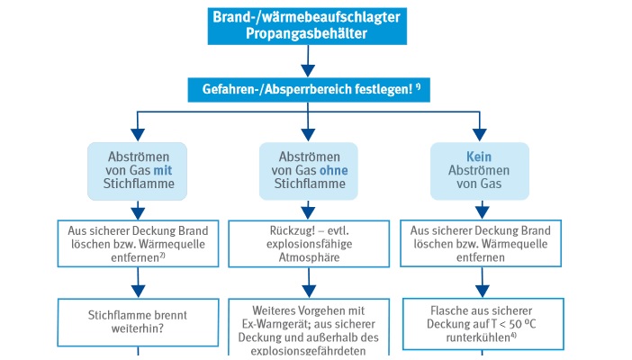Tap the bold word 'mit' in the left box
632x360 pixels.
coord(163,170)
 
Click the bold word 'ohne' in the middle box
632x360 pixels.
coord(332,170)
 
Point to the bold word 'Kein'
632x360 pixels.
coord(479,156)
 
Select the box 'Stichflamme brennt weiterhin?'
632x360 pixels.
coord(138,321)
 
